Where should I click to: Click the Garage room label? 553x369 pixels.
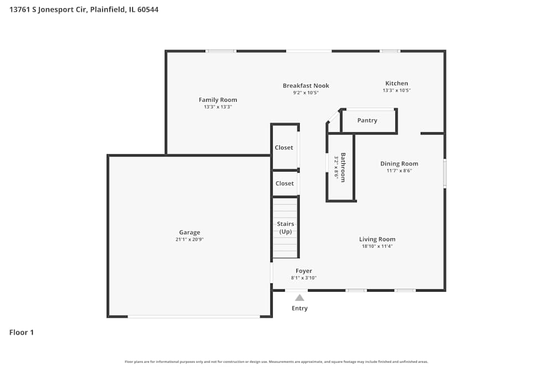(x=190, y=232)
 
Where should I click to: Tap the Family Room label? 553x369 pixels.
(x=218, y=100)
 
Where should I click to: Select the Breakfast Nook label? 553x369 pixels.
(x=306, y=86)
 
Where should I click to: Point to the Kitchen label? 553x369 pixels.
(x=397, y=84)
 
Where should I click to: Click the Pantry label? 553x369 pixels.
(x=367, y=121)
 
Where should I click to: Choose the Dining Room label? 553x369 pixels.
(x=399, y=164)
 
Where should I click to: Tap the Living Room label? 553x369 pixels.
(x=377, y=240)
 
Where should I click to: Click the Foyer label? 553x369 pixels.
(x=304, y=271)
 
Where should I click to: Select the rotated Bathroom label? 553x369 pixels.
(x=343, y=167)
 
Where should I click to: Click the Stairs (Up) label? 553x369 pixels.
(x=285, y=227)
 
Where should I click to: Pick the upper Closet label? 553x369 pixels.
(x=284, y=148)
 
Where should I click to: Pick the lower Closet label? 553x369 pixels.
(x=284, y=184)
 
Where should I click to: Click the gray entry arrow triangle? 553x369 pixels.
(x=299, y=298)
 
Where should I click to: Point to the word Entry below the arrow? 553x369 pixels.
(x=300, y=308)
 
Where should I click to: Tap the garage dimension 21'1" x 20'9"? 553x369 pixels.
(x=190, y=240)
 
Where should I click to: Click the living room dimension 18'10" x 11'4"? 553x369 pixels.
(x=377, y=246)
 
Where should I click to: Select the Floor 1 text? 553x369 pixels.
(x=22, y=332)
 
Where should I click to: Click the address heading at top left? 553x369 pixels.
(x=84, y=9)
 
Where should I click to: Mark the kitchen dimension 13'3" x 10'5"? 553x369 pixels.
(x=397, y=90)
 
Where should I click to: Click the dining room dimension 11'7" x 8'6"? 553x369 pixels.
(x=399, y=170)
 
